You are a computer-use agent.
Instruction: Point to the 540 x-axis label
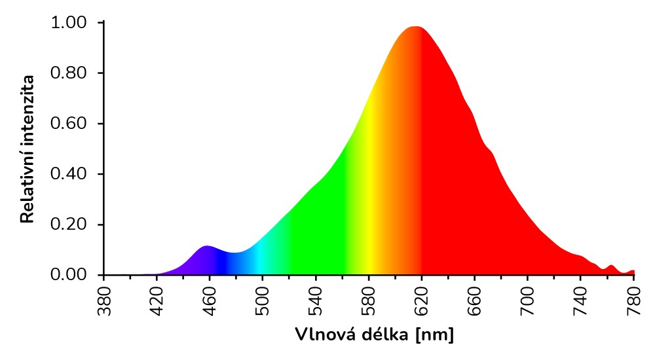(316, 300)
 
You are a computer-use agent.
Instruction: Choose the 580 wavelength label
(369, 300)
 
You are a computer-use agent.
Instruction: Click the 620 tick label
(422, 300)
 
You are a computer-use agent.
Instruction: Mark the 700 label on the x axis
(529, 300)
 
